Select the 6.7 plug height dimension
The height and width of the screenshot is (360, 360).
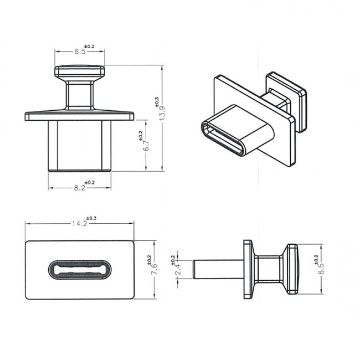146,146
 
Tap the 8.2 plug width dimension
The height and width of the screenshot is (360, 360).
79,188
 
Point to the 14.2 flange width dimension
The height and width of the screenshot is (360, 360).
79,224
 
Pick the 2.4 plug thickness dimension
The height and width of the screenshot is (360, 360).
177,270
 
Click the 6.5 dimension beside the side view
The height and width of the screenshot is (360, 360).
322,268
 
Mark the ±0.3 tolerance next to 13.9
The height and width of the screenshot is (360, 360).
157,101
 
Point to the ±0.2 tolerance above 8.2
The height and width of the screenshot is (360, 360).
89,182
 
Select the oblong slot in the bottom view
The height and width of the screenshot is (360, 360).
80,269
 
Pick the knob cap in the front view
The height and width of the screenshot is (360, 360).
79,72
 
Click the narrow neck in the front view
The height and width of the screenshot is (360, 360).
79,95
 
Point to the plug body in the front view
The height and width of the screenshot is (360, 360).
79,145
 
